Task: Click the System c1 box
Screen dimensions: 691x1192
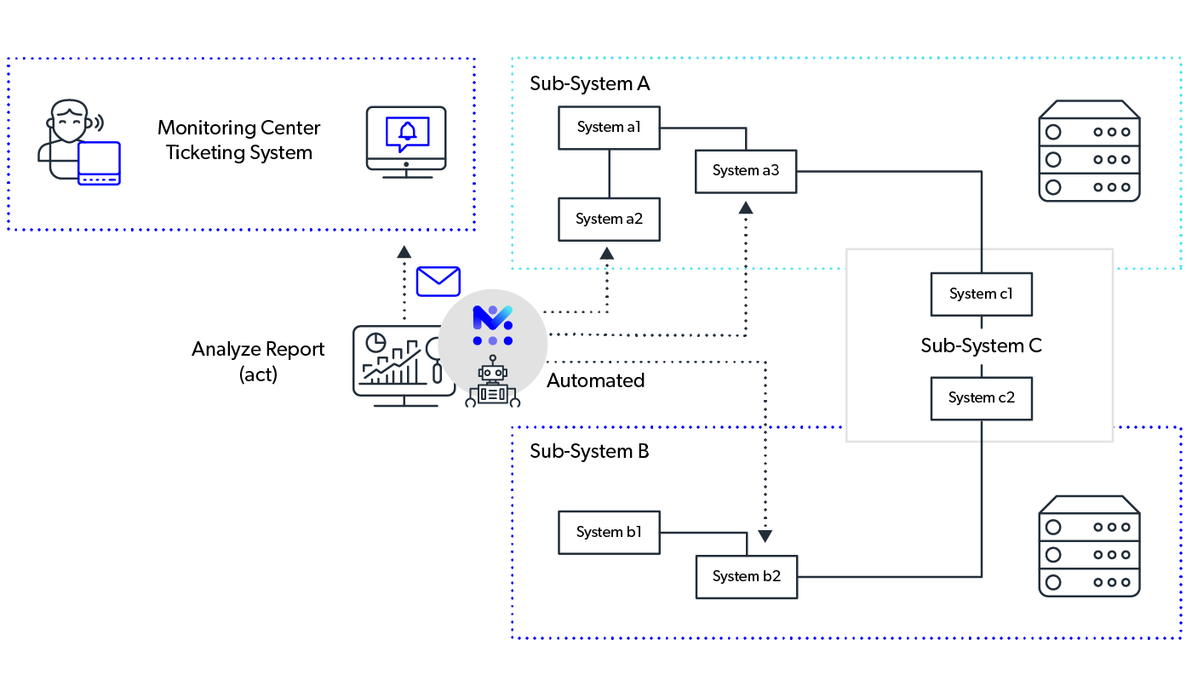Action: pyautogui.click(x=981, y=294)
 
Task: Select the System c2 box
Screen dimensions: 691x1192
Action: pyautogui.click(x=981, y=398)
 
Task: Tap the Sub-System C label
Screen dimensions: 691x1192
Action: pyautogui.click(x=981, y=345)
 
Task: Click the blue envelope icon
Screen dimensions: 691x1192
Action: pyautogui.click(x=438, y=281)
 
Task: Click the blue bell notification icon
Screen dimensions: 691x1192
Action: pyautogui.click(x=408, y=132)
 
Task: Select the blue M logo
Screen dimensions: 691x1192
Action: pyautogui.click(x=493, y=317)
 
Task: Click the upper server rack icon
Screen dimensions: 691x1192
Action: pyautogui.click(x=1089, y=151)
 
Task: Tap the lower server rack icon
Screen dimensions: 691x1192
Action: pyautogui.click(x=1089, y=546)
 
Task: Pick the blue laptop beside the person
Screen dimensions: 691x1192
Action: pyautogui.click(x=99, y=163)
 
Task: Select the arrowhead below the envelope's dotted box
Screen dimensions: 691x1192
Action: pyautogui.click(x=404, y=252)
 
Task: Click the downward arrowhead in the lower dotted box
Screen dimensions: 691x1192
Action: pyautogui.click(x=765, y=537)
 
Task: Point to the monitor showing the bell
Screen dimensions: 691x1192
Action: pyautogui.click(x=406, y=138)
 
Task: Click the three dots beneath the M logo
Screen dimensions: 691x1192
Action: pyautogui.click(x=493, y=340)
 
